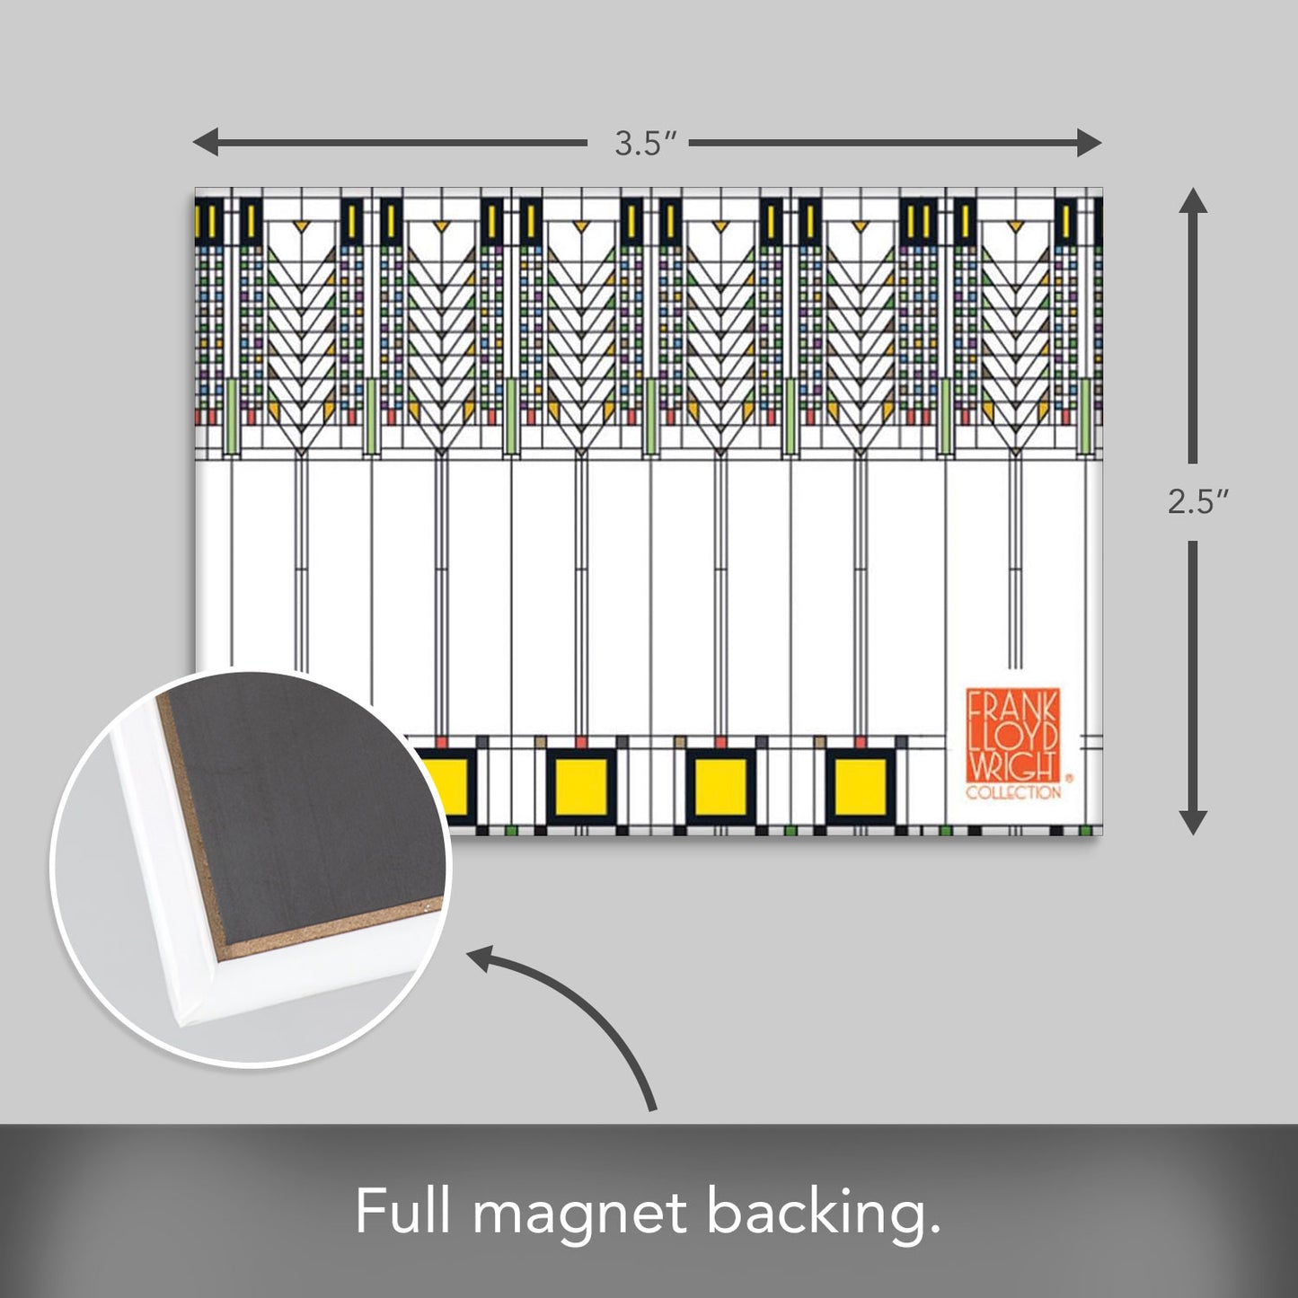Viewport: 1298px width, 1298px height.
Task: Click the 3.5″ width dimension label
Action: click(644, 144)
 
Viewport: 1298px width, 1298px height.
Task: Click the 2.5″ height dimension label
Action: click(1192, 503)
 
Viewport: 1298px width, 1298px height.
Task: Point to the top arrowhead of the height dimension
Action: click(1193, 200)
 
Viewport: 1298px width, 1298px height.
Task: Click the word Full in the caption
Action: click(402, 1212)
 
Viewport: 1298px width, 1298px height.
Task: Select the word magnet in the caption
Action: click(579, 1214)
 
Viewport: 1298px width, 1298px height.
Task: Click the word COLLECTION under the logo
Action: click(1012, 793)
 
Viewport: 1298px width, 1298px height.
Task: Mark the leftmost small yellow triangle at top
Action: click(302, 225)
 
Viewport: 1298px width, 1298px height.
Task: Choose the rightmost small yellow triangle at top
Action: click(1015, 225)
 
